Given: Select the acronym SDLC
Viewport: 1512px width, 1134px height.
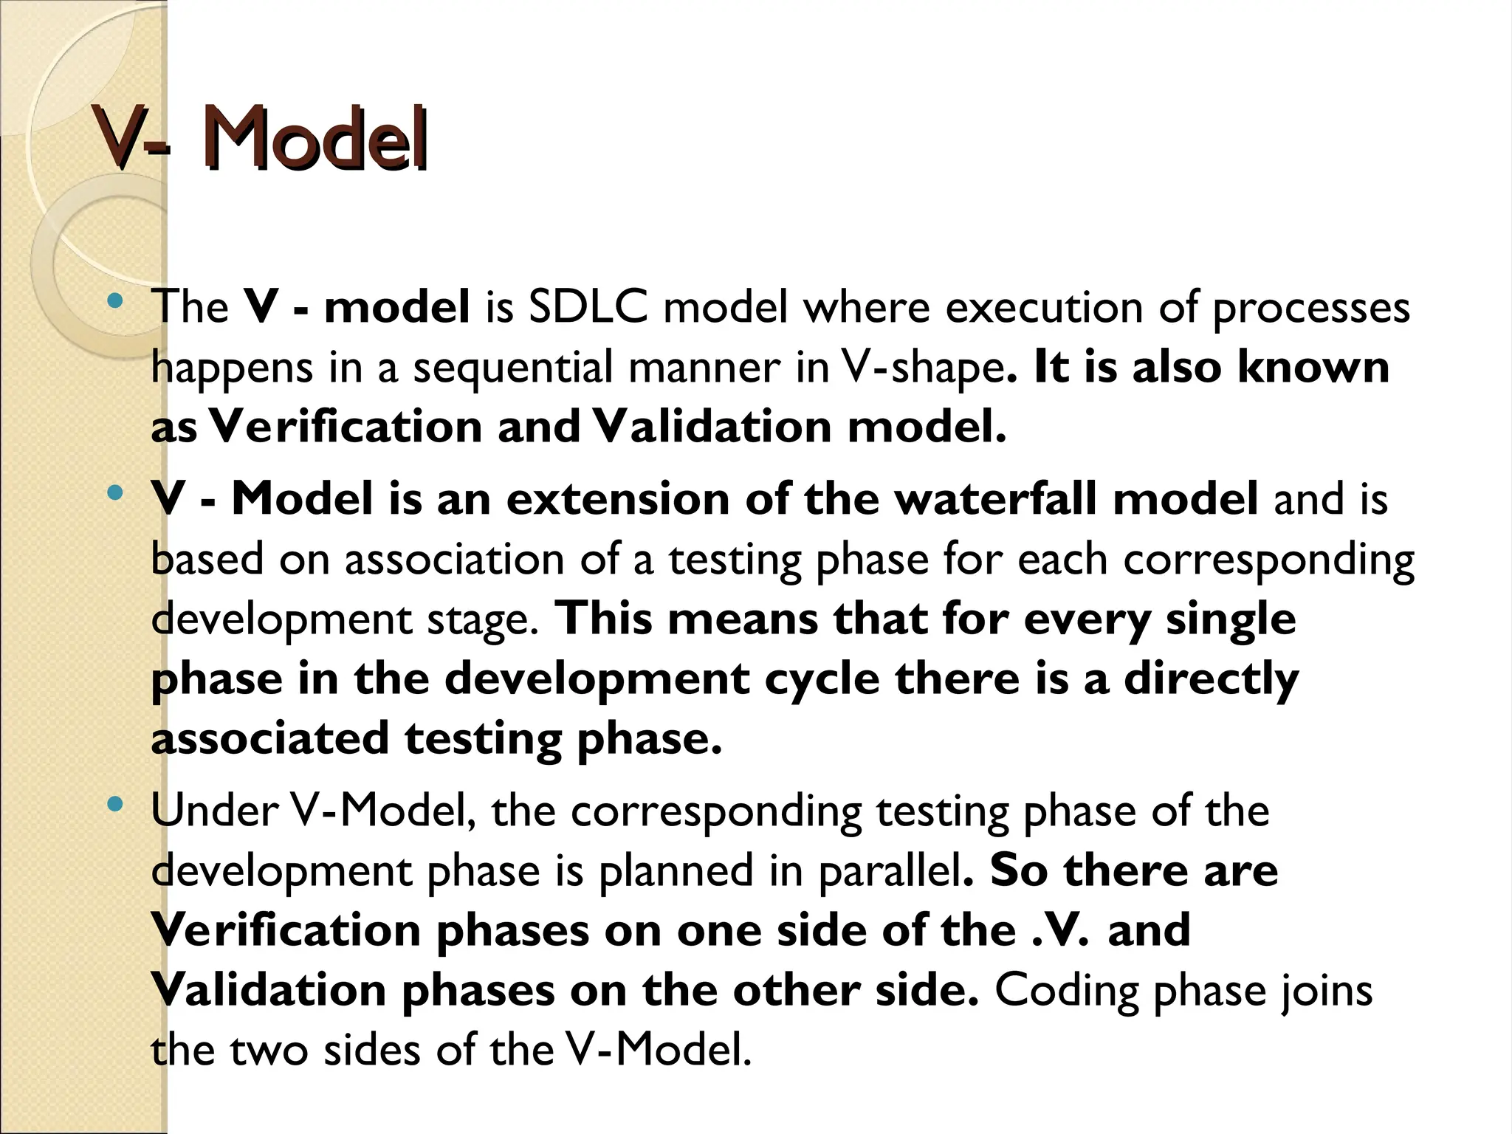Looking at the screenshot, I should pos(588,308).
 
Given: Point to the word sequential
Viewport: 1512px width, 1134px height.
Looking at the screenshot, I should pos(512,368).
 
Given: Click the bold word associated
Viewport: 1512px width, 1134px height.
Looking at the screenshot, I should pos(269,739).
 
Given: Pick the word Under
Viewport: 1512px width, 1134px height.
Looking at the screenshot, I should pos(214,811).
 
